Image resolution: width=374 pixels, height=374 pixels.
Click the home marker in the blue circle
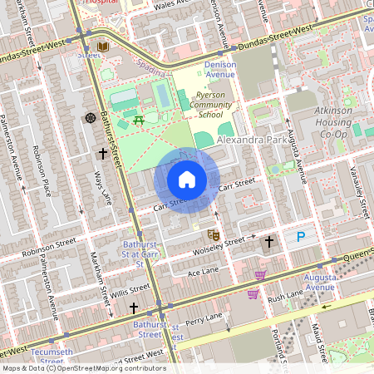pyautogui.click(x=187, y=180)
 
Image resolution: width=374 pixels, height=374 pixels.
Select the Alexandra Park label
pyautogui.click(x=249, y=142)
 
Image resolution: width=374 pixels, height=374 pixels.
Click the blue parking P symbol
pyautogui.click(x=301, y=238)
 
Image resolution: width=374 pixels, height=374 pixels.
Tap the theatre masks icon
pyautogui.click(x=213, y=235)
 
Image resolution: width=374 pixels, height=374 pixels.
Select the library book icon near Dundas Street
pyautogui.click(x=104, y=47)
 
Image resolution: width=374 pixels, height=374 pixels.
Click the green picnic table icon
pyautogui.click(x=139, y=121)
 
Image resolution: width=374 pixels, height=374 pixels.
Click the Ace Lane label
pyautogui.click(x=202, y=272)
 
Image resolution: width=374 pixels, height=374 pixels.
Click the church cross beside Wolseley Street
pyautogui.click(x=268, y=242)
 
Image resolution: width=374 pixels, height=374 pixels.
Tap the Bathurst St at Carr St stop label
pyautogui.click(x=129, y=257)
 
